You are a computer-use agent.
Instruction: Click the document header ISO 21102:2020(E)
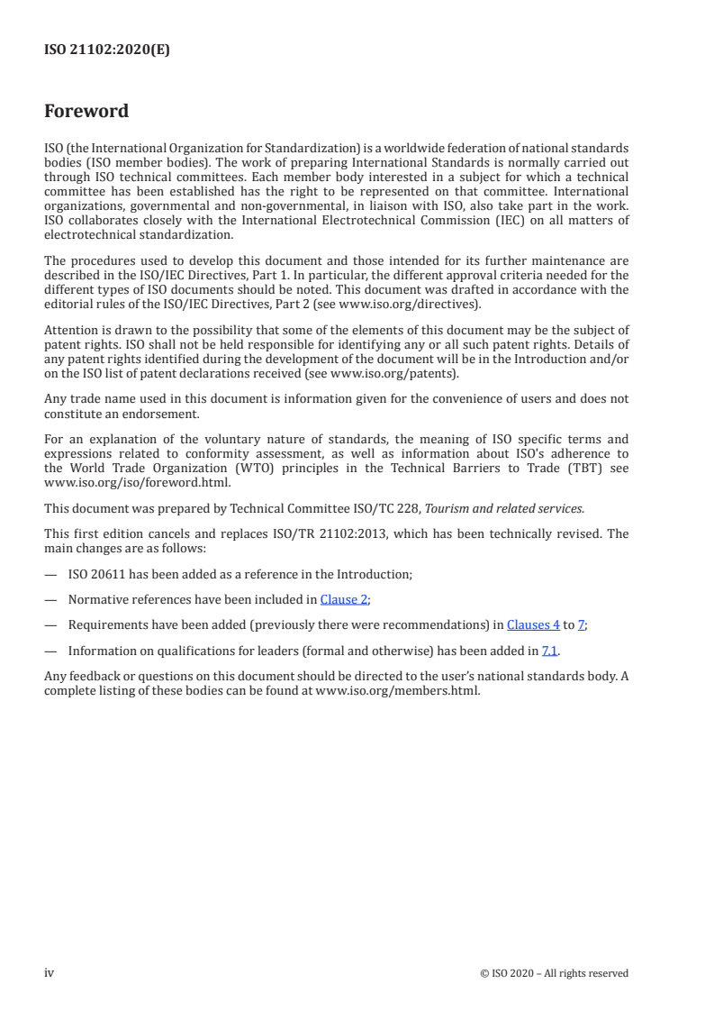106,50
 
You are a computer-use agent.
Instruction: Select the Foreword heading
86,112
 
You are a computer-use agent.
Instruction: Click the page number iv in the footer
50,972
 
